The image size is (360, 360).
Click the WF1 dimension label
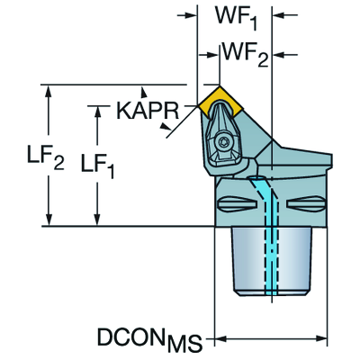pyautogui.click(x=236, y=16)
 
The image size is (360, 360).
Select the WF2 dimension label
pyautogui.click(x=245, y=55)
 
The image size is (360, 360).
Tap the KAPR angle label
pyautogui.click(x=148, y=111)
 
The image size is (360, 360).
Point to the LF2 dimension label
pyautogui.click(x=46, y=157)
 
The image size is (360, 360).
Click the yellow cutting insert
pyautogui.click(x=220, y=101)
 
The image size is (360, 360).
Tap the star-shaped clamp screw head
pyautogui.click(x=223, y=140)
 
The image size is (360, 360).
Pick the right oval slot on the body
pyautogui.click(x=306, y=203)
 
